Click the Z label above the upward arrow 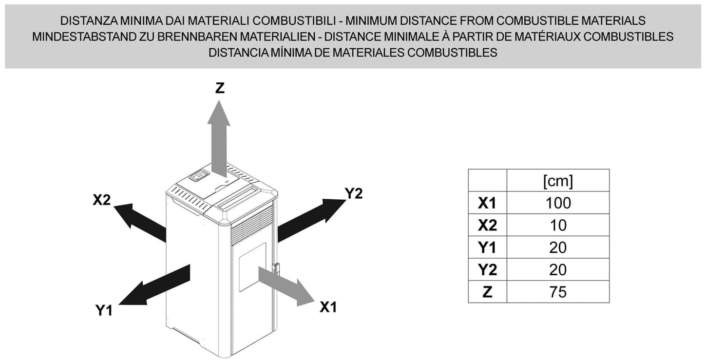point(220,88)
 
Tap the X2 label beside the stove point(101,200)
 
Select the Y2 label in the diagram point(354,193)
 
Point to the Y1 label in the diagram point(104,310)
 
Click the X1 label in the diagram point(328,307)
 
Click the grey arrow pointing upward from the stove point(219,138)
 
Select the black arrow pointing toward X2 point(140,223)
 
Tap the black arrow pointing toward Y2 point(312,220)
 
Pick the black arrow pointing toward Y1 point(154,285)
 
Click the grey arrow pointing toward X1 point(286,286)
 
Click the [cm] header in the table point(558,181)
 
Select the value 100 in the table point(558,203)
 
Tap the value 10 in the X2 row point(558,225)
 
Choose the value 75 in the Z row point(558,292)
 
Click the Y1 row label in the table point(487,247)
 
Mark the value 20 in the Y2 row point(558,270)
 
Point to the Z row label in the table point(488,292)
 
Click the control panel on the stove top point(199,175)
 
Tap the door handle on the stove point(276,268)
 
